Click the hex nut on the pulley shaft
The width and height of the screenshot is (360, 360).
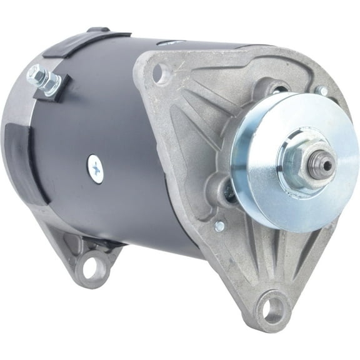[x=304, y=164]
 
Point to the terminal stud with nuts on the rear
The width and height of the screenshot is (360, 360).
[x=42, y=79]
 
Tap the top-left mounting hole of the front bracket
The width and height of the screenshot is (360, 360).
[x=162, y=74]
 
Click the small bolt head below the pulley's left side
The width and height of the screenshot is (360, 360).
[x=219, y=226]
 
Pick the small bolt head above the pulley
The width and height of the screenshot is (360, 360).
[x=321, y=91]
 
